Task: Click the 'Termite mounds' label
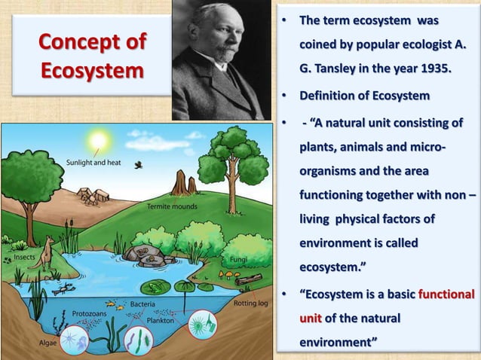[x=172, y=206]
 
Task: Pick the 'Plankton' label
[x=161, y=319]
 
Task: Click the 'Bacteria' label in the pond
[x=142, y=304]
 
